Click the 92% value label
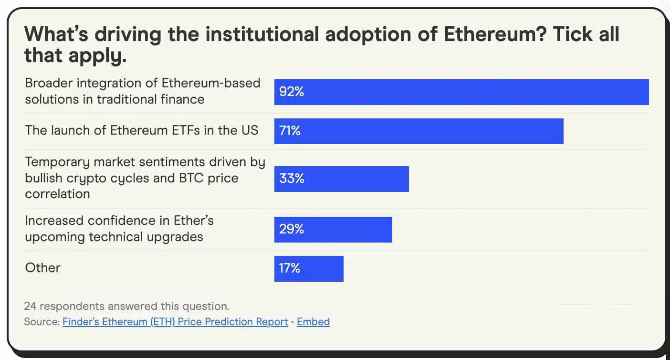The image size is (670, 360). pos(292,92)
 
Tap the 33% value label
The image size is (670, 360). pos(292,179)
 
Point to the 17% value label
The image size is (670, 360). pos(290,268)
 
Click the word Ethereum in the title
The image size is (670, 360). pos(492,34)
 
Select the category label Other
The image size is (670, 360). pos(43,268)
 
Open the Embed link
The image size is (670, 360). pos(313,322)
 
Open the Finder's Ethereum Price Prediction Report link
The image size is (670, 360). pos(175,322)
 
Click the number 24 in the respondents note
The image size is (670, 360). pos(31,306)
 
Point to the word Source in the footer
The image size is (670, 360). pos(41,322)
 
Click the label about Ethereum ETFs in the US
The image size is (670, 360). pos(141,130)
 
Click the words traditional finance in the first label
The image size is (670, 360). pos(151,99)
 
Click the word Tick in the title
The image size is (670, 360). pos(571,34)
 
